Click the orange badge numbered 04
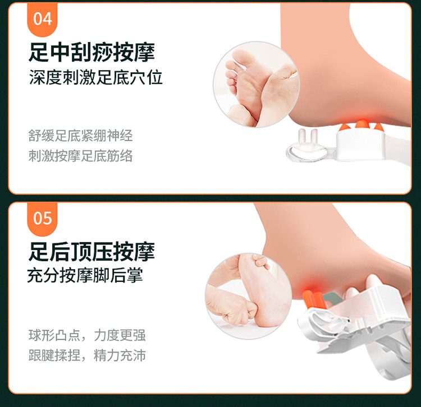(x=43, y=19)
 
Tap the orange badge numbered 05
(x=43, y=219)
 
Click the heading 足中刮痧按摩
(x=92, y=52)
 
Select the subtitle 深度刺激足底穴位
(x=96, y=77)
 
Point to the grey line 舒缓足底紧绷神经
(x=80, y=136)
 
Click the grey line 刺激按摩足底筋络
(x=80, y=156)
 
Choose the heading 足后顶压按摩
(x=92, y=252)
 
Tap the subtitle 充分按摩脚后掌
(x=85, y=275)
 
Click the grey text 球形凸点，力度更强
(x=87, y=335)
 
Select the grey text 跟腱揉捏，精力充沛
(x=87, y=355)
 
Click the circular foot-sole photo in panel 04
(x=257, y=85)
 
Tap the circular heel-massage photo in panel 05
(x=248, y=296)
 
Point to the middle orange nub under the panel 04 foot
(x=361, y=124)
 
